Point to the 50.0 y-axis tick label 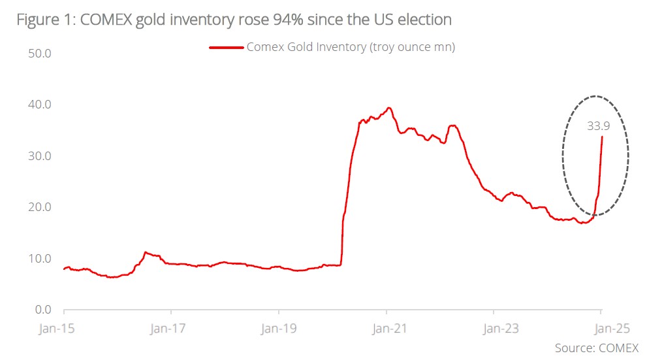coord(40,53)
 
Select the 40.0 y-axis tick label coord(40,105)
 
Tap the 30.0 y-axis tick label coord(40,156)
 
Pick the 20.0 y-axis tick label coord(40,207)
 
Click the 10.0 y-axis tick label coord(40,259)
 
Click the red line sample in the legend coord(226,47)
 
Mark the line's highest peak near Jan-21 coord(389,108)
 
